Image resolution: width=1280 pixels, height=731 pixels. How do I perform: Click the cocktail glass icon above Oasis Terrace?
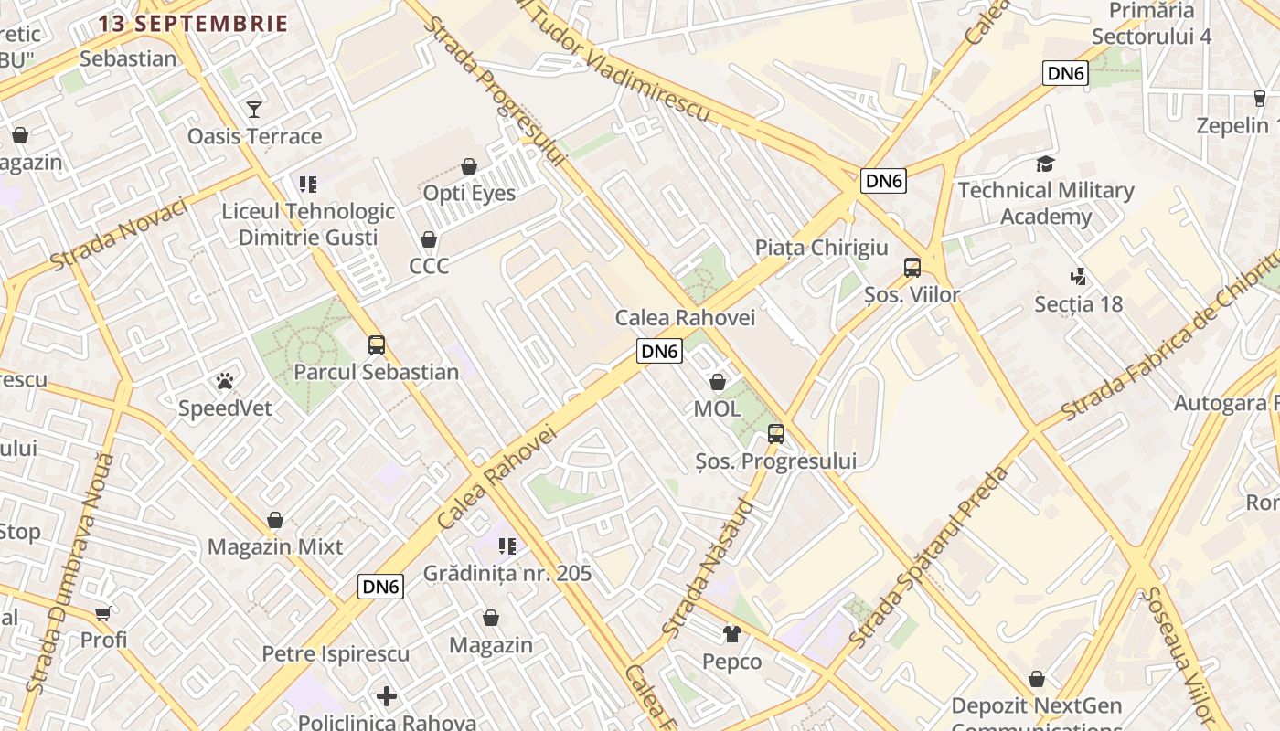[254, 110]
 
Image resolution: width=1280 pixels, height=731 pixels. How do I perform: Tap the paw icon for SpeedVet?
[225, 381]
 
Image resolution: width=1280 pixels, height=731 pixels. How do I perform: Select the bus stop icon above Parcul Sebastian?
[377, 345]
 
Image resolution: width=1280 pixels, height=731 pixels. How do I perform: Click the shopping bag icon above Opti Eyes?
[469, 166]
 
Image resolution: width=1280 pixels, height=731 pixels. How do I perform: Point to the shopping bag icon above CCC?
[429, 239]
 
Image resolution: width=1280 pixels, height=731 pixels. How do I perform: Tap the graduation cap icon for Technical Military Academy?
[1045, 164]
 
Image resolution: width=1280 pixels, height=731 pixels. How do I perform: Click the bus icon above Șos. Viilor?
[912, 268]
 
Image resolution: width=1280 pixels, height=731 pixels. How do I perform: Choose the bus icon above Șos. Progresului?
[776, 434]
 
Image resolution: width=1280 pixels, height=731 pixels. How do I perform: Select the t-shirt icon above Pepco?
[732, 633]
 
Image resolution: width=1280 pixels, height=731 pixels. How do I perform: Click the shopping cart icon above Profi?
[103, 613]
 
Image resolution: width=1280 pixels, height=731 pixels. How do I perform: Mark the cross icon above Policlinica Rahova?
[387, 696]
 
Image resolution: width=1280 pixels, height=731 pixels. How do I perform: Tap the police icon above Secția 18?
[1078, 276]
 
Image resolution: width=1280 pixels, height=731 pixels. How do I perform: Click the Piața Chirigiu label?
[821, 248]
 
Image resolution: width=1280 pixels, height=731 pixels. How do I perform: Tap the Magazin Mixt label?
[275, 546]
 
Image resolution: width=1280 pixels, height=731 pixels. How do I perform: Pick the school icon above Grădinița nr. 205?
[507, 546]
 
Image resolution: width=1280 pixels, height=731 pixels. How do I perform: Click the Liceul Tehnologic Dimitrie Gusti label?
[308, 225]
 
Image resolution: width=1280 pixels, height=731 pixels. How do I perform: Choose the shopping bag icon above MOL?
[718, 382]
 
